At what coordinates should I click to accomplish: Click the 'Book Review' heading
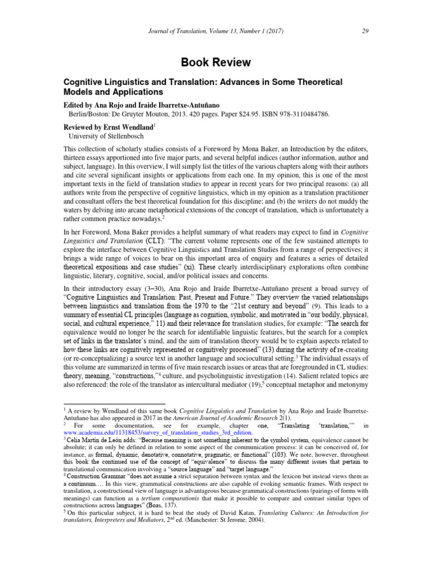[216, 62]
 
